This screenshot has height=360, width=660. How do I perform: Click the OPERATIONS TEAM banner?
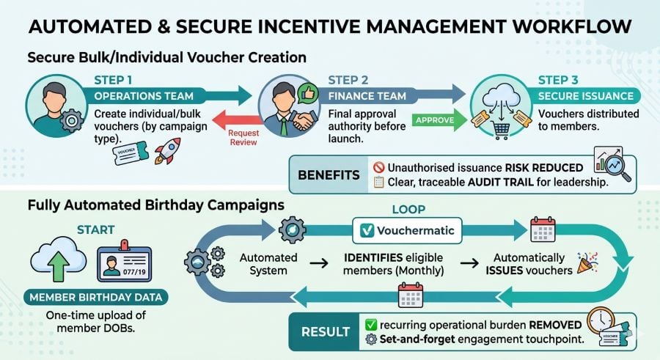(144, 96)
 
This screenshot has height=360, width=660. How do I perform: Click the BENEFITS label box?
(329, 175)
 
